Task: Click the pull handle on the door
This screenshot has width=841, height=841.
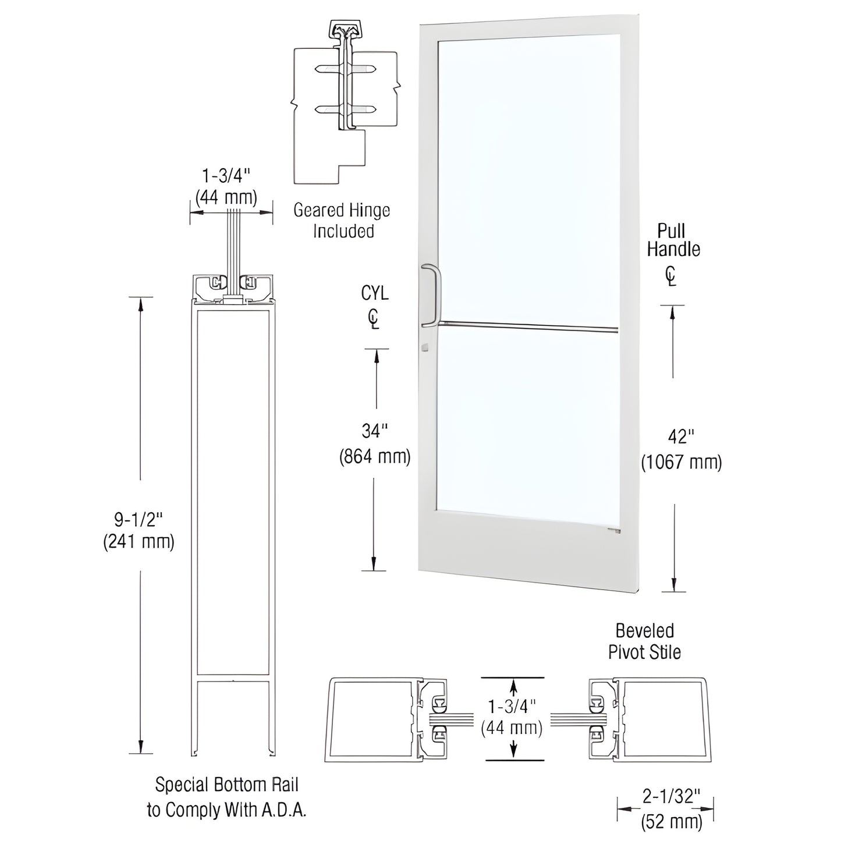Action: (x=432, y=294)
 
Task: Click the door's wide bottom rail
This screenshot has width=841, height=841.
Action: (x=527, y=553)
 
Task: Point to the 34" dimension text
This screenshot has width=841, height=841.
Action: (x=375, y=431)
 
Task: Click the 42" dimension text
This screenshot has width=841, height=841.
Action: (x=681, y=436)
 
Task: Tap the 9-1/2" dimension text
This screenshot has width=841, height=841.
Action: (x=139, y=517)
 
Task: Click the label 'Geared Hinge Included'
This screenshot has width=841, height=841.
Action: (x=342, y=221)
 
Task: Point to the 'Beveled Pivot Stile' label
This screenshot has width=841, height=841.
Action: (x=644, y=641)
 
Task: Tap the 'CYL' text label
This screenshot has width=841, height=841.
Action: (x=375, y=293)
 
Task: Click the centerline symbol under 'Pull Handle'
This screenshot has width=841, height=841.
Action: (x=672, y=276)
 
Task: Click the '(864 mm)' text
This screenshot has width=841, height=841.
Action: (x=375, y=457)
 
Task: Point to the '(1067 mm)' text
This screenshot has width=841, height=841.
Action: (x=681, y=462)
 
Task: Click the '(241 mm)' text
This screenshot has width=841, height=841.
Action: (x=139, y=542)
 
